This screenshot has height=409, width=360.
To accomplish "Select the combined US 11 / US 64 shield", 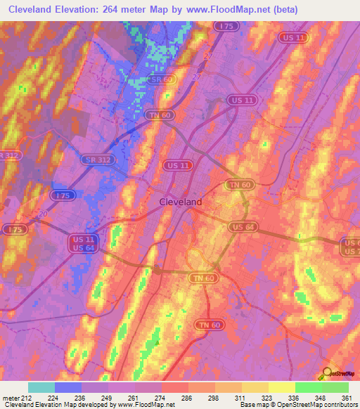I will point(84,243).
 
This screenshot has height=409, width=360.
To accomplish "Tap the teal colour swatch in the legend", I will point(41,387).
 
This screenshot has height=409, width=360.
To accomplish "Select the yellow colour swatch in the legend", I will point(281,387).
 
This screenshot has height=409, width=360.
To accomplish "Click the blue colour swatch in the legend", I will point(68,387).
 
